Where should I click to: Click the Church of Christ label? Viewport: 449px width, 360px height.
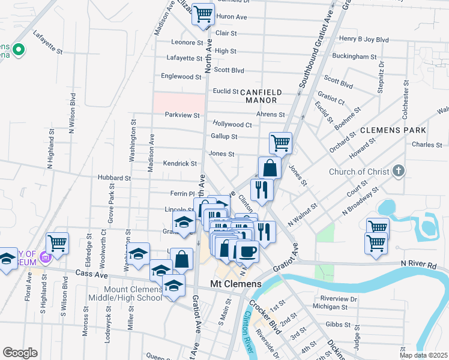tap(358, 172)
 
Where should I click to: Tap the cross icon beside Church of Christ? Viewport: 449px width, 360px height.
tap(397, 171)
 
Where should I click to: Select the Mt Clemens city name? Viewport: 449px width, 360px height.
tap(235, 283)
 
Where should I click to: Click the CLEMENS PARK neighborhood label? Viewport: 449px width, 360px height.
tap(393, 130)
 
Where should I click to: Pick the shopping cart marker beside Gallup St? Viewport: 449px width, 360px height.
tap(280, 143)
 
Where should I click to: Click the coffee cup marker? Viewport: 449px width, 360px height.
tap(247, 251)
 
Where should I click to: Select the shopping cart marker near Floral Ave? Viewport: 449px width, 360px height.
tap(58, 243)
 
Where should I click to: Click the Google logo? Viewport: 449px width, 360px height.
tap(20, 352)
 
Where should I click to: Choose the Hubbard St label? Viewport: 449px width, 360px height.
tap(114, 178)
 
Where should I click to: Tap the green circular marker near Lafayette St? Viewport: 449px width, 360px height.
tap(19, 50)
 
